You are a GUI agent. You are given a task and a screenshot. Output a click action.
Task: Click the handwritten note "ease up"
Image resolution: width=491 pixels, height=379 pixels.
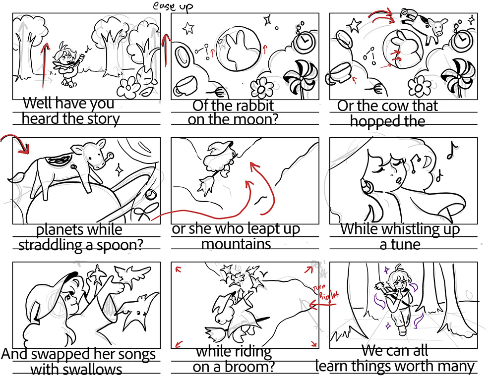pyautogui.click(x=173, y=6)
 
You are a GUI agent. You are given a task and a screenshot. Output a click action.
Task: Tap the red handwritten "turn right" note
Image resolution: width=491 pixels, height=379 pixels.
pyautogui.click(x=326, y=291)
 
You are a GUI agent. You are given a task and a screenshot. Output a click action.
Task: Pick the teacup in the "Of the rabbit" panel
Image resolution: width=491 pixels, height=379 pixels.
pyautogui.click(x=186, y=85)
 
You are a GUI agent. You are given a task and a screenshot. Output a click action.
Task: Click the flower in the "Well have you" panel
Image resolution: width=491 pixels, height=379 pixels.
pyautogui.click(x=127, y=87)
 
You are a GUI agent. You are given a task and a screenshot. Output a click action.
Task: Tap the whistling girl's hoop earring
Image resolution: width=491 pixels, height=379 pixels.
pyautogui.click(x=367, y=186)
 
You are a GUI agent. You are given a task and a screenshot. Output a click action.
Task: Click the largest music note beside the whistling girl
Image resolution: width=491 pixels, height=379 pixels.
pyautogui.click(x=451, y=150)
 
